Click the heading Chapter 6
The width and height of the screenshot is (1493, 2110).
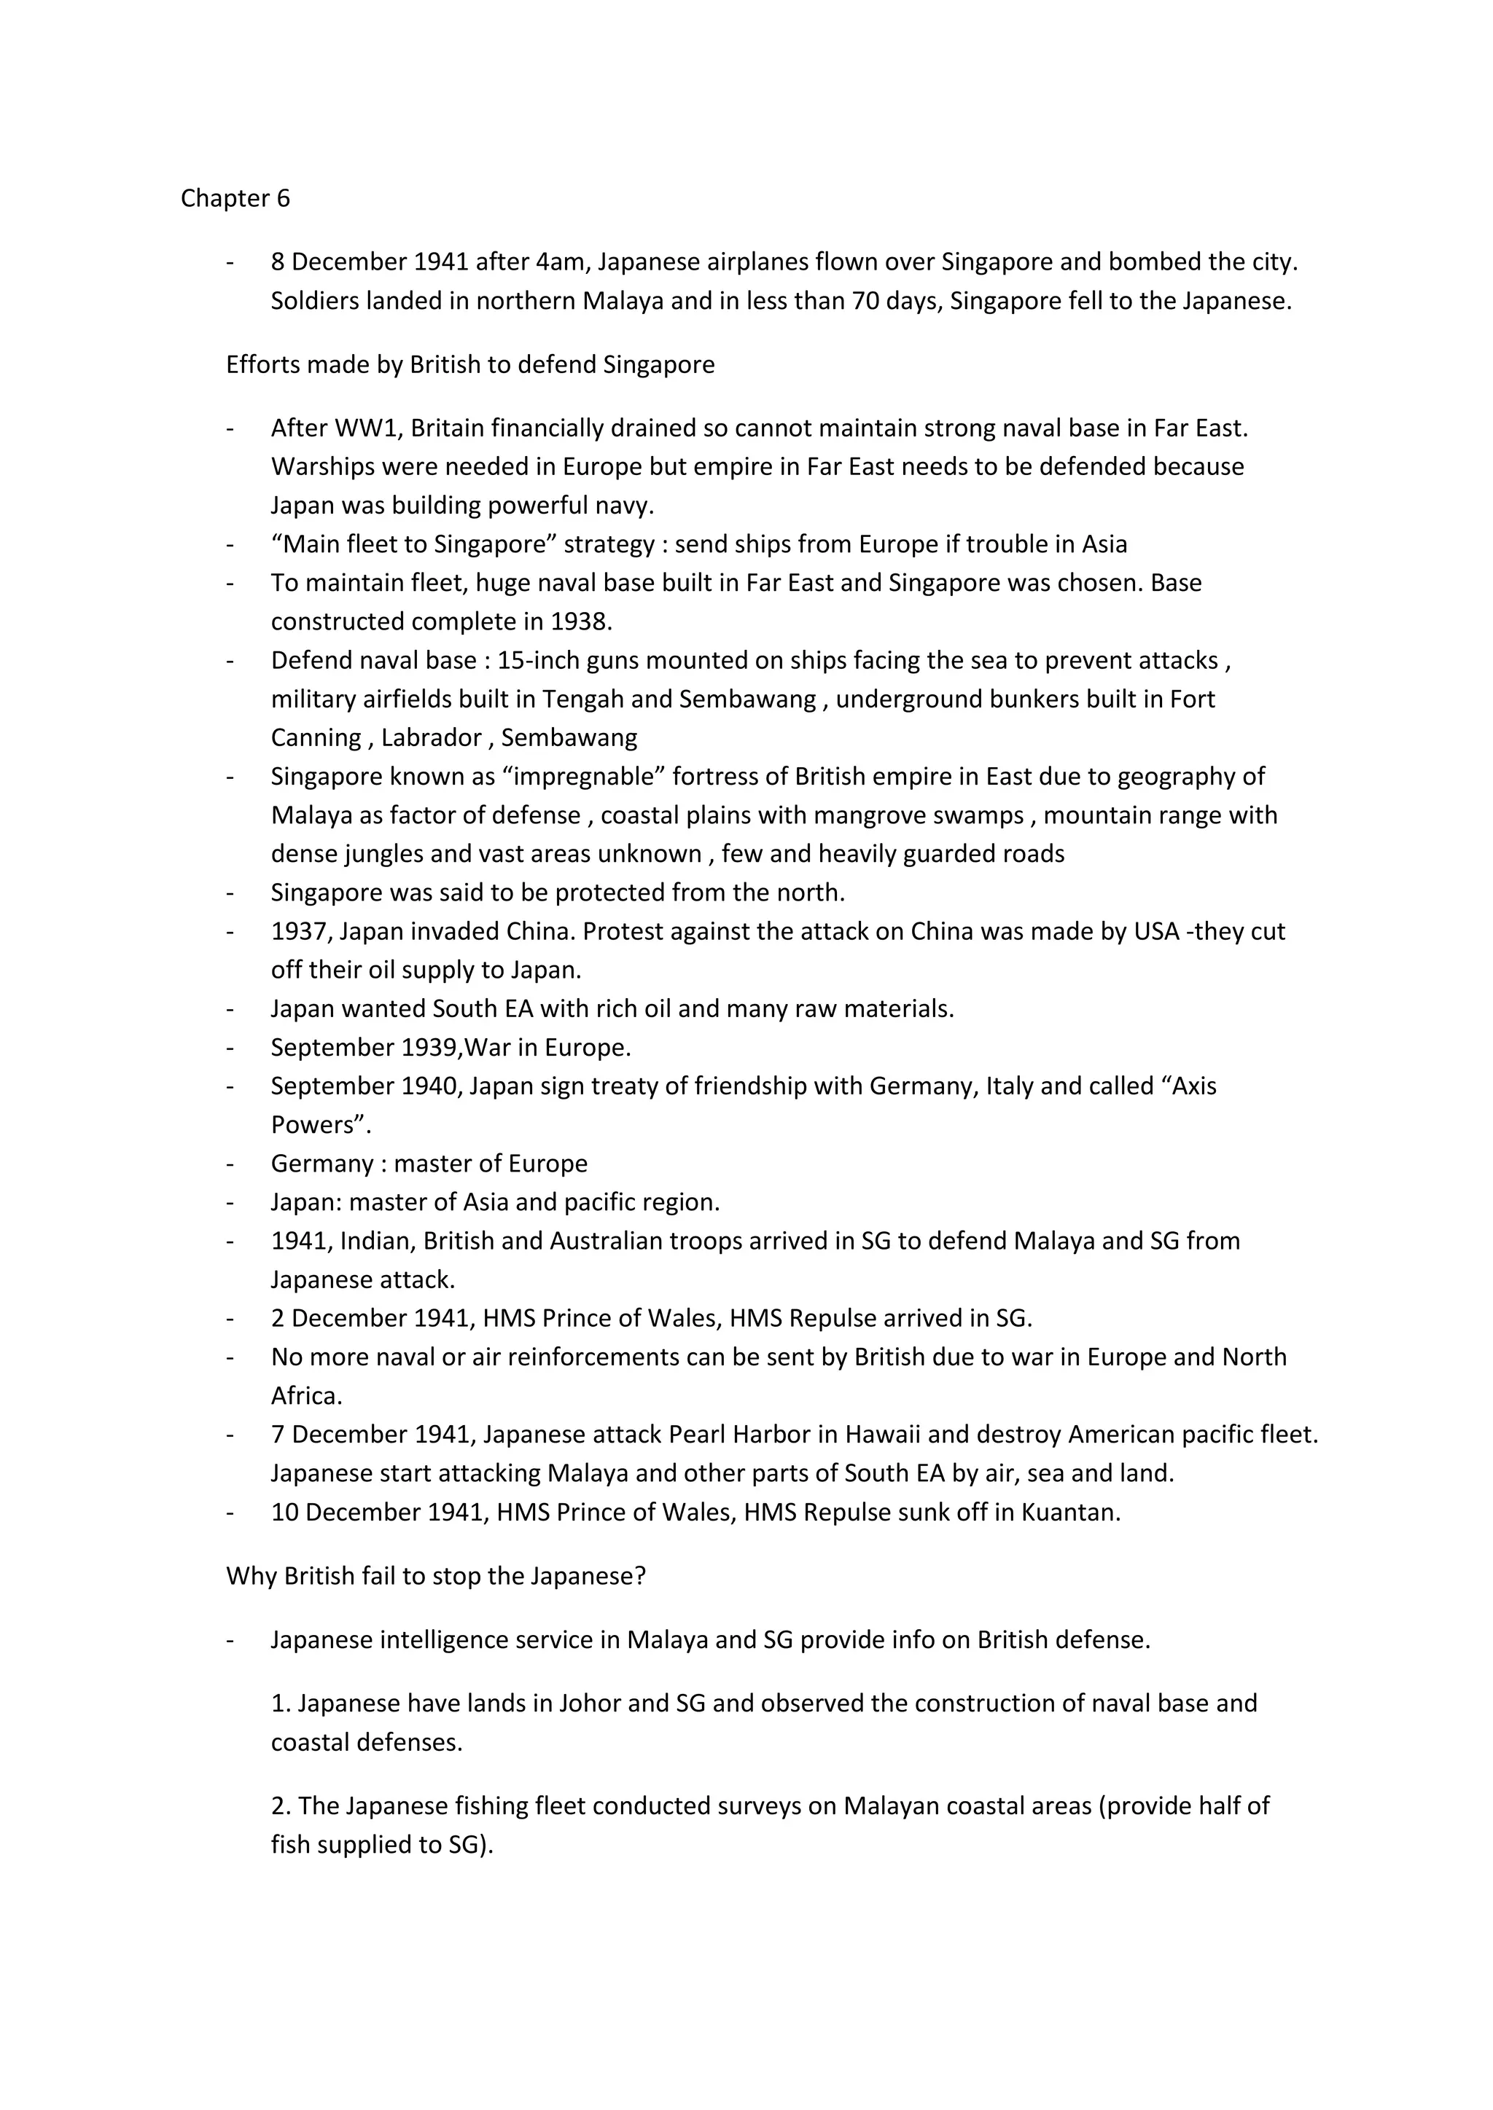click(235, 198)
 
